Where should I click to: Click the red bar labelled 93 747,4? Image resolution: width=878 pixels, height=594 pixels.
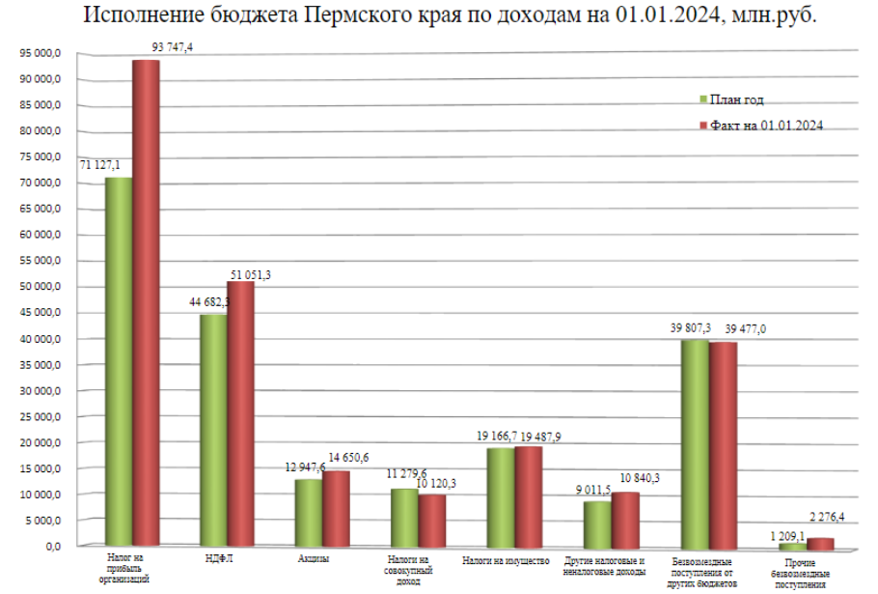[146, 304]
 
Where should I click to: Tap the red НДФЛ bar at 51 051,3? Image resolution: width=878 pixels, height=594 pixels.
[240, 415]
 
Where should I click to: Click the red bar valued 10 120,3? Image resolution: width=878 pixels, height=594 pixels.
[431, 522]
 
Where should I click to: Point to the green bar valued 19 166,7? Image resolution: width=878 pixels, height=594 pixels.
[500, 498]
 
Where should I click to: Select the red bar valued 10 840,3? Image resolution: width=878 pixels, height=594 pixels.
[625, 521]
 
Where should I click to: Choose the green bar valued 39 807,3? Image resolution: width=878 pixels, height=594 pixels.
[694, 444]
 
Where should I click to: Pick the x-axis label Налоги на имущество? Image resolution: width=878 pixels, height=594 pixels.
[506, 560]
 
